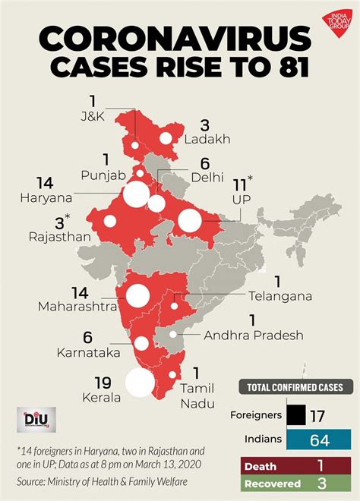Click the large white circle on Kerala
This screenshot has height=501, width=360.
coord(140,382)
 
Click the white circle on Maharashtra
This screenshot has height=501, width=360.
coord(138,295)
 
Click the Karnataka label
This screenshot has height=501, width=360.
coord(85,353)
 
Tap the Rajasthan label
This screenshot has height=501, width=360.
coord(56,236)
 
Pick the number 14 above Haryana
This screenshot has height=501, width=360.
coord(46,183)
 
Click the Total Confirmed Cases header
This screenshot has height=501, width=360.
coord(295,387)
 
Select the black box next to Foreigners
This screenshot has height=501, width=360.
coord(296,415)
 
